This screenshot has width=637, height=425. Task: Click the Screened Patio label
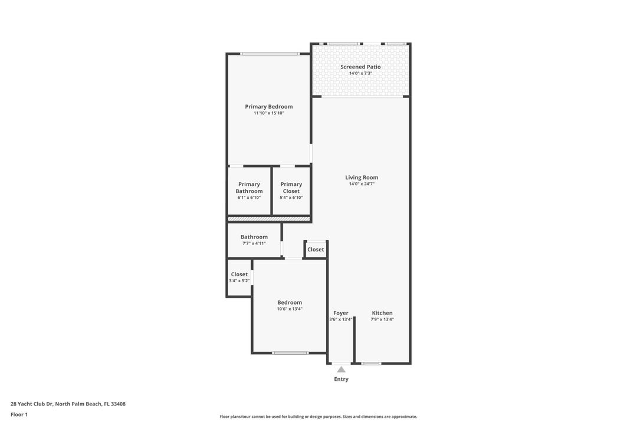[x=360, y=67]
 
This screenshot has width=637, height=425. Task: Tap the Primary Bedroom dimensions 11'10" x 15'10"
[x=269, y=113]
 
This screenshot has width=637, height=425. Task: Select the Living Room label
[x=362, y=177]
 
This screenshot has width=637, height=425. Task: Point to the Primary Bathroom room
[x=249, y=191]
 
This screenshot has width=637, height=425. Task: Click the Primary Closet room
[x=291, y=191]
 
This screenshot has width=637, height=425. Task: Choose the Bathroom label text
[x=254, y=237]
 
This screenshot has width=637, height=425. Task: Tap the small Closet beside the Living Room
[x=316, y=250]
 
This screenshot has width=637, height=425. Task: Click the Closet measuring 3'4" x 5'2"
[x=239, y=277]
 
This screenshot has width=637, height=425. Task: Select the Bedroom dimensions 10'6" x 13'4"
[x=290, y=309]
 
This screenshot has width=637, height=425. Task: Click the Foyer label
[x=341, y=313]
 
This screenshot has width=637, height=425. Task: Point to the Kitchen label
[x=382, y=313]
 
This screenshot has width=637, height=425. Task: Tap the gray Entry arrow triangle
[x=341, y=370]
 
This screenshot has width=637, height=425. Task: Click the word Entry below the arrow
[x=341, y=379]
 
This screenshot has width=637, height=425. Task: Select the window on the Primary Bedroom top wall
[x=269, y=54]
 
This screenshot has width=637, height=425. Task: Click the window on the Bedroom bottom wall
[x=290, y=353]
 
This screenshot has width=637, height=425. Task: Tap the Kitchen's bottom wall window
[x=371, y=364]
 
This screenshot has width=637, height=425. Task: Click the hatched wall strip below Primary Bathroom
[x=269, y=219]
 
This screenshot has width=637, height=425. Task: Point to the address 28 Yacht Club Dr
[x=68, y=404]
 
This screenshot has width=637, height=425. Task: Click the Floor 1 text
[x=19, y=414]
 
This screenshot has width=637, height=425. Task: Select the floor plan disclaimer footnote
[x=318, y=416]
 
